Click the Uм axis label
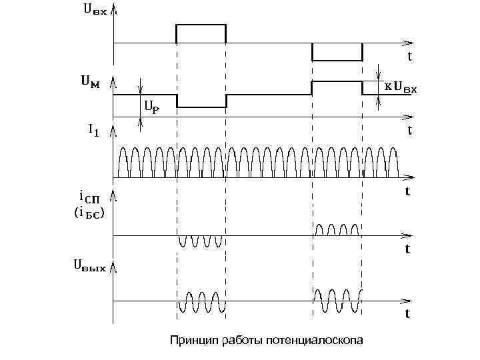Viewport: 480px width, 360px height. [91, 82]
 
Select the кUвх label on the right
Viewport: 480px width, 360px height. [400, 87]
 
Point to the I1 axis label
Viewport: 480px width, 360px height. [94, 131]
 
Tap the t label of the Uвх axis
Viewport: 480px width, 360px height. [409, 57]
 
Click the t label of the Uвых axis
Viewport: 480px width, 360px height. [407, 313]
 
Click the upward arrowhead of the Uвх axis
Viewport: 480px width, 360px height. [115, 9]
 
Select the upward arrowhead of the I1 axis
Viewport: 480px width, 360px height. [115, 129]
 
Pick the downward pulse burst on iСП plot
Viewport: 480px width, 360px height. [201, 241]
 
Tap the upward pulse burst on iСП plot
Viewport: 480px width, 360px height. [337, 230]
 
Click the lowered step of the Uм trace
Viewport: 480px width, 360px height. [201, 106]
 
